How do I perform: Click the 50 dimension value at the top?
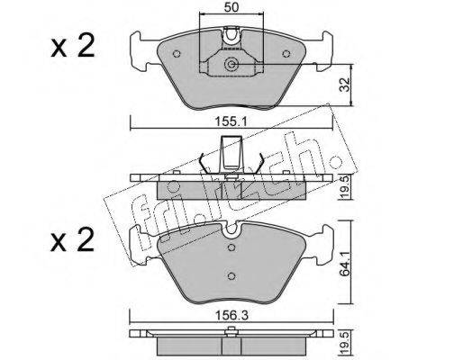point(231,7)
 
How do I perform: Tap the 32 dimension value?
point(346,85)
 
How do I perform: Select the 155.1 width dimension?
point(231,122)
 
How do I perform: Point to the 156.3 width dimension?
point(231,316)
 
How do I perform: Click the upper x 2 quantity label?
point(73,46)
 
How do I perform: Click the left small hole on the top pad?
point(177,54)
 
